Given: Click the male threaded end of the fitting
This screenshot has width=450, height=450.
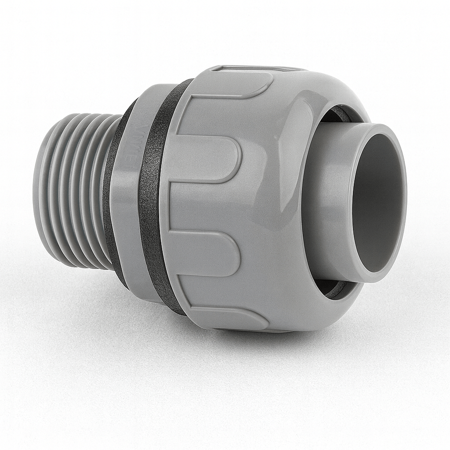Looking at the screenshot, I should click(x=73, y=189).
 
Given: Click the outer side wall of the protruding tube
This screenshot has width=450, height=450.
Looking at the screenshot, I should click(x=325, y=202).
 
